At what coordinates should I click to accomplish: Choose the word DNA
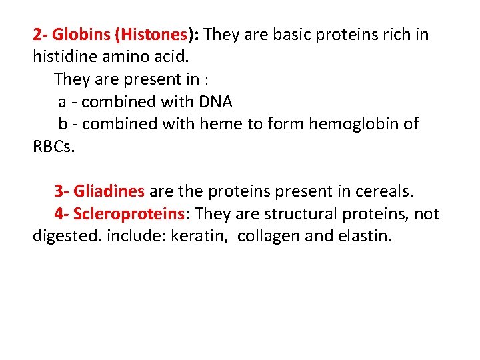(215, 102)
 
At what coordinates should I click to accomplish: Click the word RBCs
(54, 147)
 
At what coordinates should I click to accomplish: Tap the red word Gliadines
(109, 192)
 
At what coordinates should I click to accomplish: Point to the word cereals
(383, 192)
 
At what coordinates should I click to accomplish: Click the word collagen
(267, 237)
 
